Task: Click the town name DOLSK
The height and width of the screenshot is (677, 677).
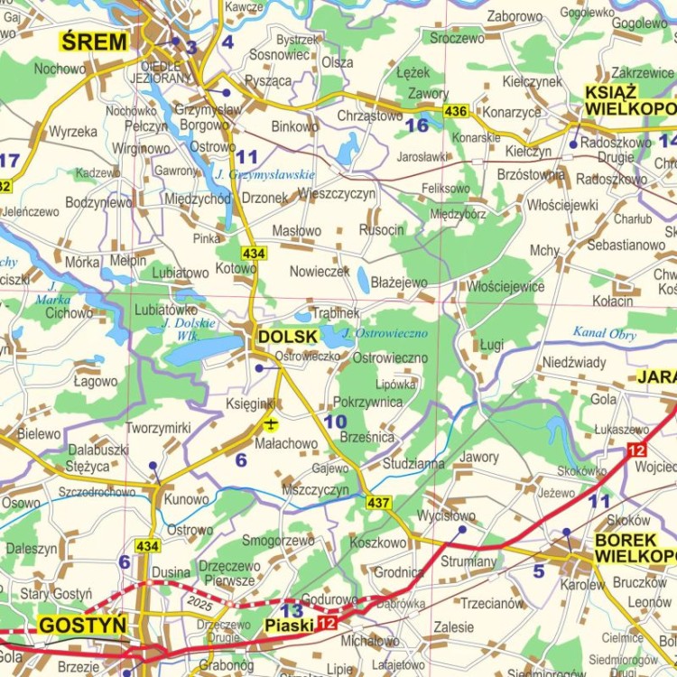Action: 287,337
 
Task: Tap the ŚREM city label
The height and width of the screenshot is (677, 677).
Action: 93,42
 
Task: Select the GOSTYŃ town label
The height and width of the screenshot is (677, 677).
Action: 81,625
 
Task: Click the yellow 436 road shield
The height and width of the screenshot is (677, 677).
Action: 455,111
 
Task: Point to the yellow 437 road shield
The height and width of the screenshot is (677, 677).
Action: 377,502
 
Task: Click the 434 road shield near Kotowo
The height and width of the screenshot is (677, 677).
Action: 254,255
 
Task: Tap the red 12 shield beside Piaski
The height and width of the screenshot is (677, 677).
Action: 325,625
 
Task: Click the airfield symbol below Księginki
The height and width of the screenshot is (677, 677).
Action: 269,423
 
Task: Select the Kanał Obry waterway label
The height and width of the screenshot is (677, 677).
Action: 604,333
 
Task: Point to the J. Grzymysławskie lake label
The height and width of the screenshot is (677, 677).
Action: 264,174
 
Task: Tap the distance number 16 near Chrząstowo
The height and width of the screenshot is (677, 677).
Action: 416,125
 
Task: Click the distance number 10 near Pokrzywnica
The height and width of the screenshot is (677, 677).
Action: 335,422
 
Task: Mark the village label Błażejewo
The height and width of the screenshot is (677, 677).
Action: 398,283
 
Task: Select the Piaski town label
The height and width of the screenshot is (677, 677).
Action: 288,625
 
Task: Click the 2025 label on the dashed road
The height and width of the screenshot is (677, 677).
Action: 201,599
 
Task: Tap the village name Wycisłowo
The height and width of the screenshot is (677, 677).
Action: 446,515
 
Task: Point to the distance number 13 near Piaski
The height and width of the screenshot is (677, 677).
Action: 292,609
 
